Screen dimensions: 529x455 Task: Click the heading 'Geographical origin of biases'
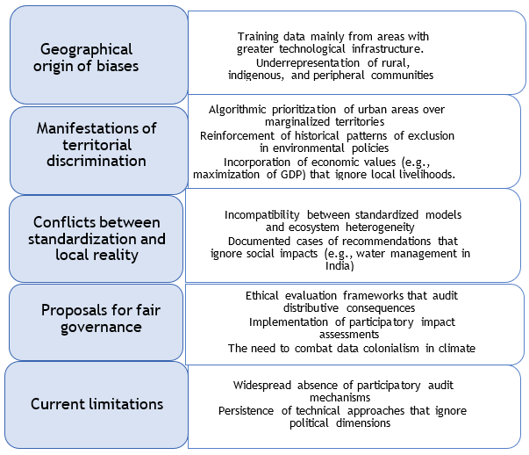[86, 57]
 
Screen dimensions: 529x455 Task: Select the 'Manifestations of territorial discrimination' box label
[97, 145]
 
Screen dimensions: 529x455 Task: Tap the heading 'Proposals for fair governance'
[101, 318]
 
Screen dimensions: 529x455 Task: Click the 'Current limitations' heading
[97, 404]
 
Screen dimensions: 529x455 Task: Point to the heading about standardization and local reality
[97, 238]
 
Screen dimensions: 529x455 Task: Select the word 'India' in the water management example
[340, 266]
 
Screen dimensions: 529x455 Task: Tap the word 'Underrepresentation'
[308, 63]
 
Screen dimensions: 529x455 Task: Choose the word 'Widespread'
[261, 385]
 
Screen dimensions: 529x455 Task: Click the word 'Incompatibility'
[261, 215]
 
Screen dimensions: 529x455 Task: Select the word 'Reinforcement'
[237, 136]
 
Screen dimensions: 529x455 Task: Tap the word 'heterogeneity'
[380, 227]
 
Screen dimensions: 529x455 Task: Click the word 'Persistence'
[246, 411]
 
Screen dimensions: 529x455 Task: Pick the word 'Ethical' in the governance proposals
[261, 296]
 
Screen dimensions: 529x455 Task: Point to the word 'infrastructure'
[388, 49]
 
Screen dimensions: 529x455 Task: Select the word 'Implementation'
[289, 322]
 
